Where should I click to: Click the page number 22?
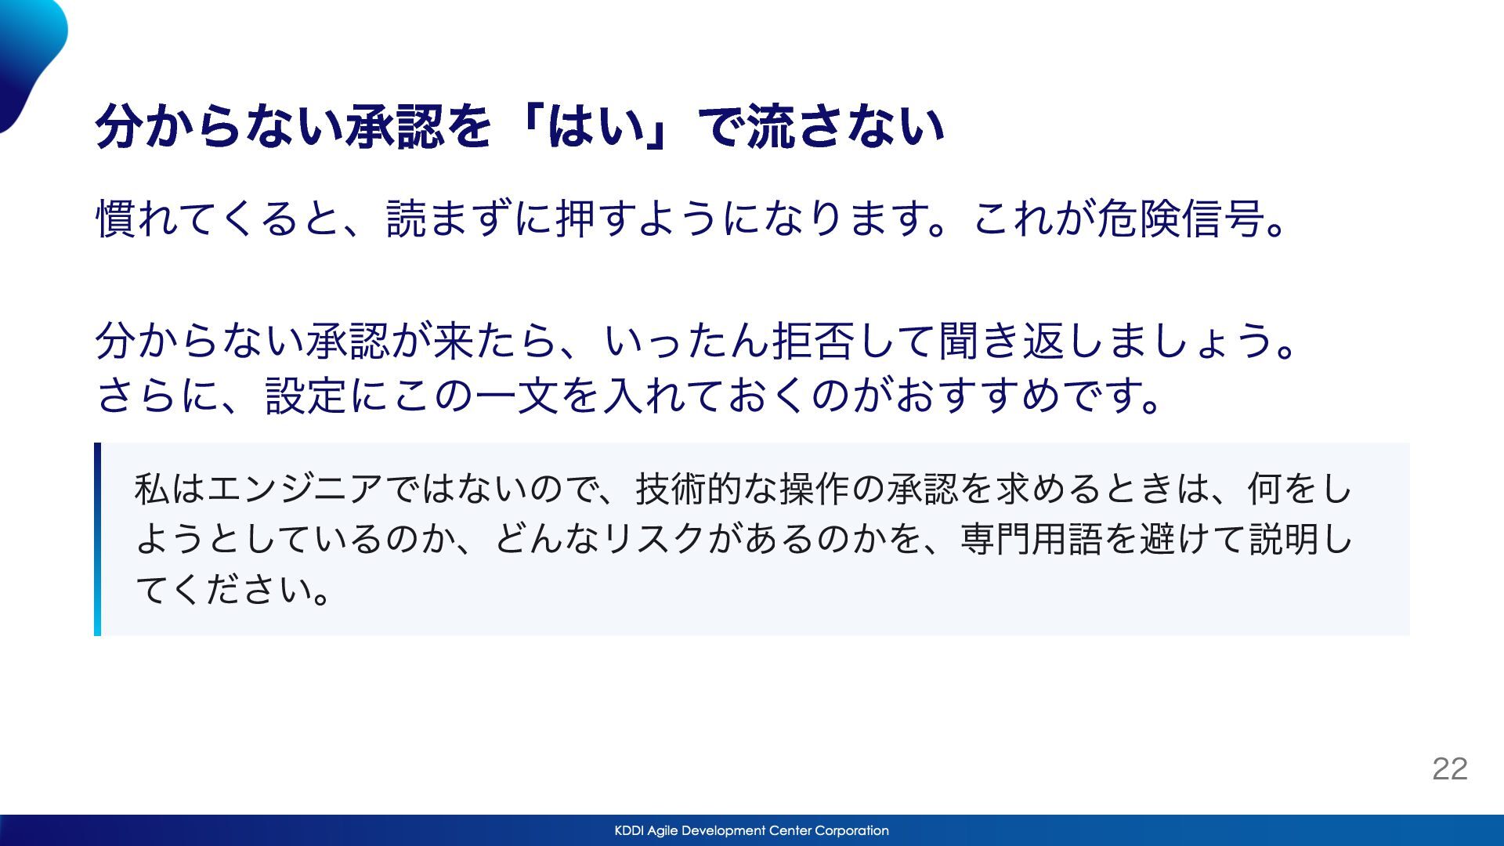pos(1449,768)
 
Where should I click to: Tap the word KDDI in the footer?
pos(629,830)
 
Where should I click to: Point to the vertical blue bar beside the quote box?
pos(97,539)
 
